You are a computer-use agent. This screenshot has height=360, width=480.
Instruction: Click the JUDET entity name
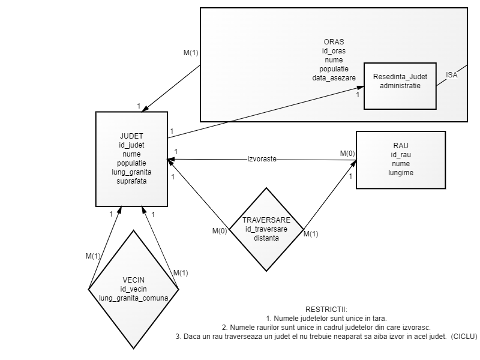point(131,136)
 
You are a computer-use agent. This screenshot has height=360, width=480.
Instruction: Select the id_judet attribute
point(131,145)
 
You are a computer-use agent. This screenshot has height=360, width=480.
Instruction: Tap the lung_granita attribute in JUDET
point(131,172)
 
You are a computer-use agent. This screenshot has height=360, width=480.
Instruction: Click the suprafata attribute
point(131,181)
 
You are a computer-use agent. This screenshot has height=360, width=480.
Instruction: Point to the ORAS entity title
point(334,42)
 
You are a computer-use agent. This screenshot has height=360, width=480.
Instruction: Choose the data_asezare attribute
point(334,78)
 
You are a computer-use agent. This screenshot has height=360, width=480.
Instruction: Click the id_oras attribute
point(334,51)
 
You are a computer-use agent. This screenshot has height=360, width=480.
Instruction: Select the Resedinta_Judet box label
point(400,77)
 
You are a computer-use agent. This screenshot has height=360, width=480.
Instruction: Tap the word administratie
point(400,86)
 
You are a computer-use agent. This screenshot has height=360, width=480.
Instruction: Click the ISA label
point(452,75)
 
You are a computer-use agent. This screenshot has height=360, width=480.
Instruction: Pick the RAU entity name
point(400,146)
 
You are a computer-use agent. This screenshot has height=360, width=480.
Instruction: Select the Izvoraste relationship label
point(262,160)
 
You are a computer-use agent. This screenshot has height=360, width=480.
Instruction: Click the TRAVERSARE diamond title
point(266,220)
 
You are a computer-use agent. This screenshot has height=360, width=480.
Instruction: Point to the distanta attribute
point(266,238)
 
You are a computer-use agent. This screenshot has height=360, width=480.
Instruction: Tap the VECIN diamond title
point(133,280)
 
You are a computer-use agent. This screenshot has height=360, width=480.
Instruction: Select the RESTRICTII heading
point(326,308)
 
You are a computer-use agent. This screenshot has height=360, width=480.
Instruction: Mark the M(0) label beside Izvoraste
point(347,154)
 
